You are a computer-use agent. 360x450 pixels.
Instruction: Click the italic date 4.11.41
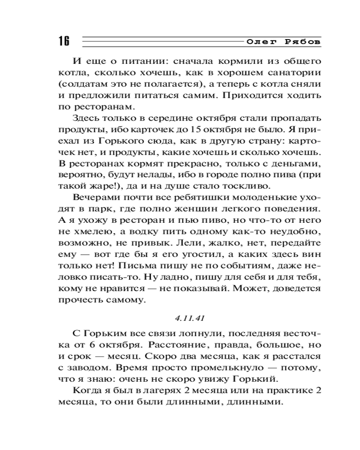click(x=189, y=318)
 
